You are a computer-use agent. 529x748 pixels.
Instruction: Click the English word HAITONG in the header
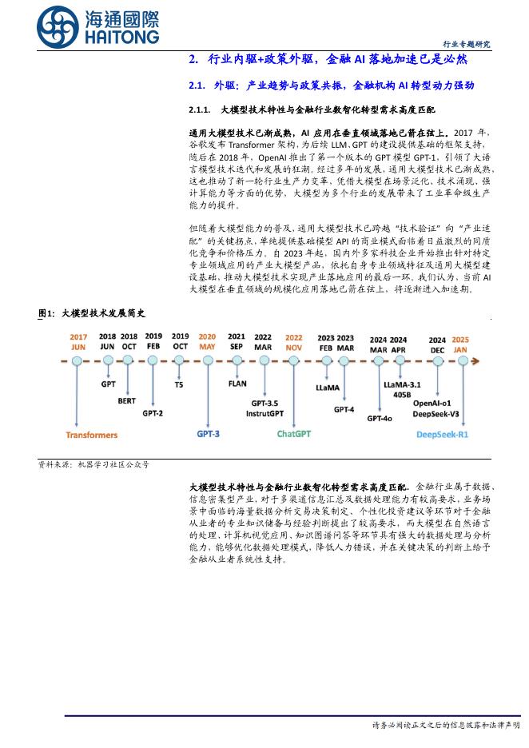pos(120,38)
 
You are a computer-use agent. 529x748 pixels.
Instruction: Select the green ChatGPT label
pos(294,434)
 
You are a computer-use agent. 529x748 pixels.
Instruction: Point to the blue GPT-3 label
pos(209,434)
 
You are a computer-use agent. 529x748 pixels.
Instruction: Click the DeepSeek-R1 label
pos(443,434)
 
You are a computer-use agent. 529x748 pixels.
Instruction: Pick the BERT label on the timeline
pos(126,400)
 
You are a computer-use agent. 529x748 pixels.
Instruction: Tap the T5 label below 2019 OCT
pos(179,384)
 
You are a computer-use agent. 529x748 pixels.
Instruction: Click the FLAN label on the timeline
pos(237,384)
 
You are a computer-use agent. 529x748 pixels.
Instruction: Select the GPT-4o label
pos(379,417)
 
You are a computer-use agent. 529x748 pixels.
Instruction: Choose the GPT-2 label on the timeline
pos(153,413)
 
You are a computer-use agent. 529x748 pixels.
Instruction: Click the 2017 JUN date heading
pos(78,342)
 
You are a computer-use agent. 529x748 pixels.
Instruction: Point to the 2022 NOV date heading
pos(294,342)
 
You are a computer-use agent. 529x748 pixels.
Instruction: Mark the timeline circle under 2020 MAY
pos(208,361)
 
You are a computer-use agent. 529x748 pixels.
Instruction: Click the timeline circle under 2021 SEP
pos(237,361)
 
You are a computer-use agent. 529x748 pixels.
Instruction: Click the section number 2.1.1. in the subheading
pos(199,109)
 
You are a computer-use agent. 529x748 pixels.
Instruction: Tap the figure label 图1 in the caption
pos(46,314)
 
